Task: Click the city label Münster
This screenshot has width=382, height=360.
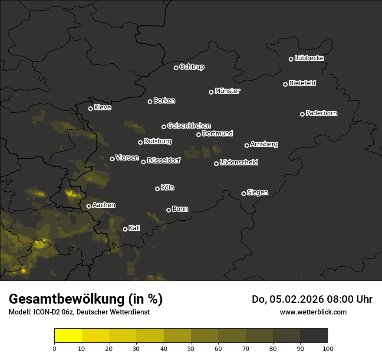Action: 227,91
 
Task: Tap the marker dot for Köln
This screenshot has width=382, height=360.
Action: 157,189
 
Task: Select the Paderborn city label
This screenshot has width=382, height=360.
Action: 322,113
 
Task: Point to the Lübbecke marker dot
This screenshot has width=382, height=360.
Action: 291,59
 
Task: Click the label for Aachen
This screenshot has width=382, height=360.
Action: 104,205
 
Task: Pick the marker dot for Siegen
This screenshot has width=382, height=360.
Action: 244,193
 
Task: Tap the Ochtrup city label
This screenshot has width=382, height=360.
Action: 192,67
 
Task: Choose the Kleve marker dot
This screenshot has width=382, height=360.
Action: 90,108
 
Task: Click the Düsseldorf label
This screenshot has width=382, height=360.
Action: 164,160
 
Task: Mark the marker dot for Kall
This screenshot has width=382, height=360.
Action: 125,229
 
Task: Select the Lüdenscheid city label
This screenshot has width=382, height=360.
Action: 239,163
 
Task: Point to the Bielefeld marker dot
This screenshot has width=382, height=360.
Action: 285,84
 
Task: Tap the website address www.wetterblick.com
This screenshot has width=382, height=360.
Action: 313,312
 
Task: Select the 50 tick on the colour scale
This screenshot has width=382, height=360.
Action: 191,348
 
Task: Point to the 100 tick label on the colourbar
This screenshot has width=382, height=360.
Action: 328,348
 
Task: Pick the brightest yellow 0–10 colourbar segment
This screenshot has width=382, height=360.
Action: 68,336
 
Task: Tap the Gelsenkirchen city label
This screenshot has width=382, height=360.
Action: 189,126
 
